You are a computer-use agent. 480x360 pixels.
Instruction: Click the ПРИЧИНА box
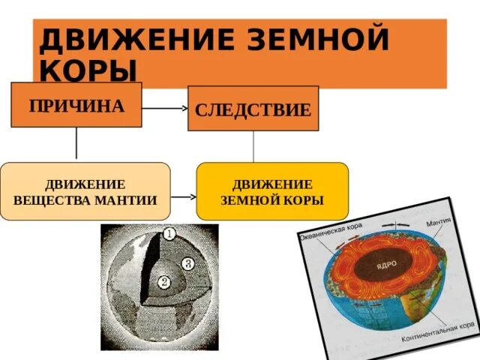click(76, 105)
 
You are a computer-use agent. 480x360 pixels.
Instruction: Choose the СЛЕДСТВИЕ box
click(253, 109)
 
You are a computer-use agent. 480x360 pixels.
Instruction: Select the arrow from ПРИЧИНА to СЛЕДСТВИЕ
click(165, 109)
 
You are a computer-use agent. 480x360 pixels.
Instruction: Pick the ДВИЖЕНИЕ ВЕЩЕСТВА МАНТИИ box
click(85, 191)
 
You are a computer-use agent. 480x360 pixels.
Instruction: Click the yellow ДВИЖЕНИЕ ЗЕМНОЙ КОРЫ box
click(272, 191)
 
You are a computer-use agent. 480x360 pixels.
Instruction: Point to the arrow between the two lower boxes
click(183, 198)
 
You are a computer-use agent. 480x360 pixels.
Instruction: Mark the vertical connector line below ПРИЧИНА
click(76, 145)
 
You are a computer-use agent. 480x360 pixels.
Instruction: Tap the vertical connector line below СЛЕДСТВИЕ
click(253, 147)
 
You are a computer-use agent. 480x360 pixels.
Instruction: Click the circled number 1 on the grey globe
click(170, 234)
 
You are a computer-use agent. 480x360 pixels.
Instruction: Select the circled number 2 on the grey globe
click(164, 283)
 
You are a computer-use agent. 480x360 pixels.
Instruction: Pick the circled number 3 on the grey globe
click(188, 263)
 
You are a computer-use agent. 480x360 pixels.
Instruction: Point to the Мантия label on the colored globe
click(438, 223)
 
